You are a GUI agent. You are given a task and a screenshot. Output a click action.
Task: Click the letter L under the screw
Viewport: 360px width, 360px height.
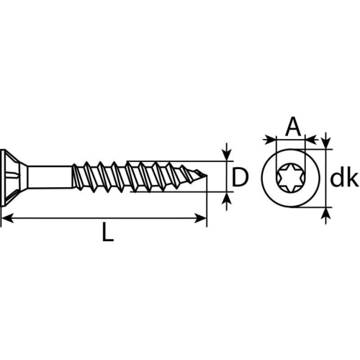(107, 233)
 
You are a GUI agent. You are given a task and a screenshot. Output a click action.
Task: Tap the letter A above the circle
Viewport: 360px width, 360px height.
(292, 128)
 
